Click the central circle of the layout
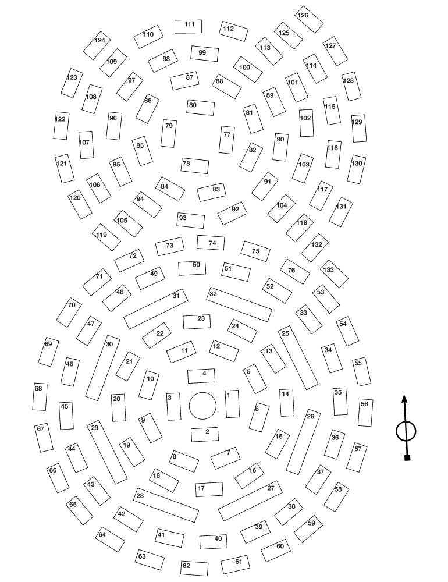(x=202, y=405)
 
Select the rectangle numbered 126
(x=310, y=20)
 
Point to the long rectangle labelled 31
(x=156, y=308)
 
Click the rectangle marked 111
(x=189, y=26)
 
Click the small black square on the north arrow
(x=407, y=458)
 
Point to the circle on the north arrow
(x=406, y=431)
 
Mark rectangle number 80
(x=201, y=108)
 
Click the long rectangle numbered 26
(x=303, y=449)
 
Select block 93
(x=191, y=220)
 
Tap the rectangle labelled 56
(x=365, y=412)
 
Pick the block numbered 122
(x=61, y=126)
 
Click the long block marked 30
(x=102, y=367)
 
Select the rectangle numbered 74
(x=211, y=243)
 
